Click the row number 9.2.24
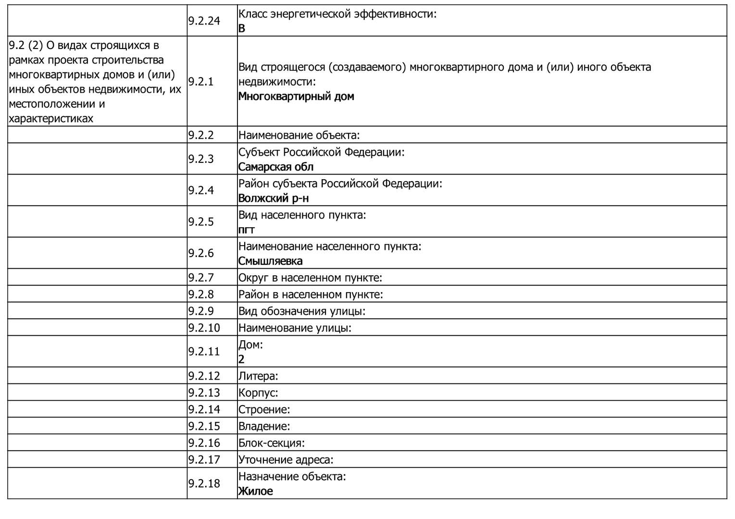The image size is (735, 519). tap(204, 21)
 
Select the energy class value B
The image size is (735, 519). tap(242, 28)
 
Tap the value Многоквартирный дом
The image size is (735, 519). tap(296, 96)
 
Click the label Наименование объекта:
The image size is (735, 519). tap(299, 135)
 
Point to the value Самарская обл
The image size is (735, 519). tap(276, 167)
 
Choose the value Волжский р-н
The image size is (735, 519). tap(274, 198)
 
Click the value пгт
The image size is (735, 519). tap(247, 230)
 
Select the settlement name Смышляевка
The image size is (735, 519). tap(271, 261)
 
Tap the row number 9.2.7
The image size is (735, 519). tap(200, 277)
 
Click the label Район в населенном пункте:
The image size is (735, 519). tap(311, 294)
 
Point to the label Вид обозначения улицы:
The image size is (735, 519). tap(302, 311)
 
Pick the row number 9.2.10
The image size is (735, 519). tap(204, 328)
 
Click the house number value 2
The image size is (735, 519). tap(241, 359)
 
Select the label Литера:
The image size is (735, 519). tap(258, 376)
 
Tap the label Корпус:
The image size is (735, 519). tap(258, 393)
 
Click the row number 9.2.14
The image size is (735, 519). tap(204, 409)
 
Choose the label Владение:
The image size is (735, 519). tap(264, 426)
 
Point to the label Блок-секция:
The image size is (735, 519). tap(272, 443)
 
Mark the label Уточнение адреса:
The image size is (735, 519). tap(286, 459)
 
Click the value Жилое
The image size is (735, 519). tap(256, 491)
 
